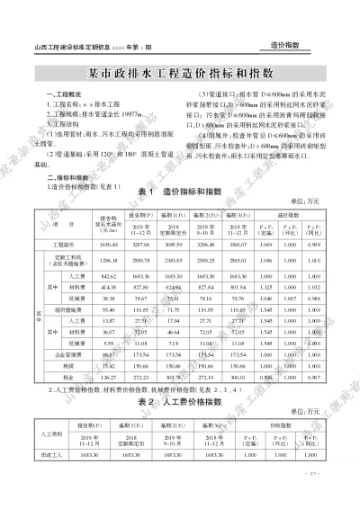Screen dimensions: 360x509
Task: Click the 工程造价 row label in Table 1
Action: point(62,245)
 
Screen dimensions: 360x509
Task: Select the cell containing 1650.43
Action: point(110,245)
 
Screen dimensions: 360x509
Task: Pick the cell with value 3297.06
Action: point(141,245)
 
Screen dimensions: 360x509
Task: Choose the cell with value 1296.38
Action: point(110,260)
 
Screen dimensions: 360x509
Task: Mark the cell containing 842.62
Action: point(110,276)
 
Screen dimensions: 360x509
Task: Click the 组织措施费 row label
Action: point(62,308)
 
